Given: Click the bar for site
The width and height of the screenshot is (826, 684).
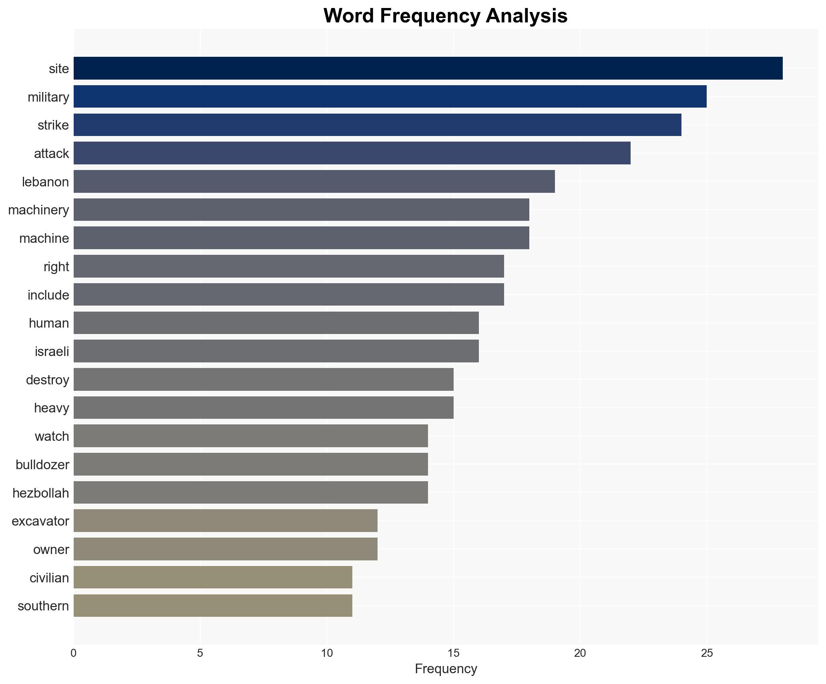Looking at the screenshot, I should coord(428,68).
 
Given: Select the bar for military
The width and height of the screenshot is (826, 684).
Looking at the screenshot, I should coord(390,96).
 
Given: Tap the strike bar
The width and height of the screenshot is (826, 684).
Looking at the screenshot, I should coord(377,125).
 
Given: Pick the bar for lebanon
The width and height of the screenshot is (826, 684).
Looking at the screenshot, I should coord(314,182).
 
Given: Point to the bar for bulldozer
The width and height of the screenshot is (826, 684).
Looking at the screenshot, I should coord(251,464).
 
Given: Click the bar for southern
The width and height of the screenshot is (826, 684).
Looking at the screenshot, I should coord(213,606).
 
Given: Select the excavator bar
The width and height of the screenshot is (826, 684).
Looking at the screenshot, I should coord(225,521).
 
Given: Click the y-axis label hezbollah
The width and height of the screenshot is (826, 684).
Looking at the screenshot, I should coord(40,493).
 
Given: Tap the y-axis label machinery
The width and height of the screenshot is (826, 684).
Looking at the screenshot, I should coord(38,210).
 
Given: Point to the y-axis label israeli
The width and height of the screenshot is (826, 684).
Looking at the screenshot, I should coord(52,352).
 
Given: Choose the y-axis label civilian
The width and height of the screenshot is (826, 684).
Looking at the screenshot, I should coord(49,578).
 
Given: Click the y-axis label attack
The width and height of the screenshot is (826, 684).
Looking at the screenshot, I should coord(51,154).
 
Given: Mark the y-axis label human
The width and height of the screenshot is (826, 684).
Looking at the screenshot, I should coord(49,323).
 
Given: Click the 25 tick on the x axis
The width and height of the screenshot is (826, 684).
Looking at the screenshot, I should coord(707,653).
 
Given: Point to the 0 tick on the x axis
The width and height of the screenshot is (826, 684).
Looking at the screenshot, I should coord(74,653).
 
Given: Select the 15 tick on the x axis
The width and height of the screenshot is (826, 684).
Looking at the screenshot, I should coord(453,653).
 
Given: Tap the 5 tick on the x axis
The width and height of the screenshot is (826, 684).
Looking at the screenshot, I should coord(200,653).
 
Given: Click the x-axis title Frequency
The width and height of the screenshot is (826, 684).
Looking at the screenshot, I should coord(446,669).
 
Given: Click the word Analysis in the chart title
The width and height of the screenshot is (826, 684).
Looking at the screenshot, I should coord(527,16).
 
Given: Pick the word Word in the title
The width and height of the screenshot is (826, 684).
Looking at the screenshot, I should coord(349,16).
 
